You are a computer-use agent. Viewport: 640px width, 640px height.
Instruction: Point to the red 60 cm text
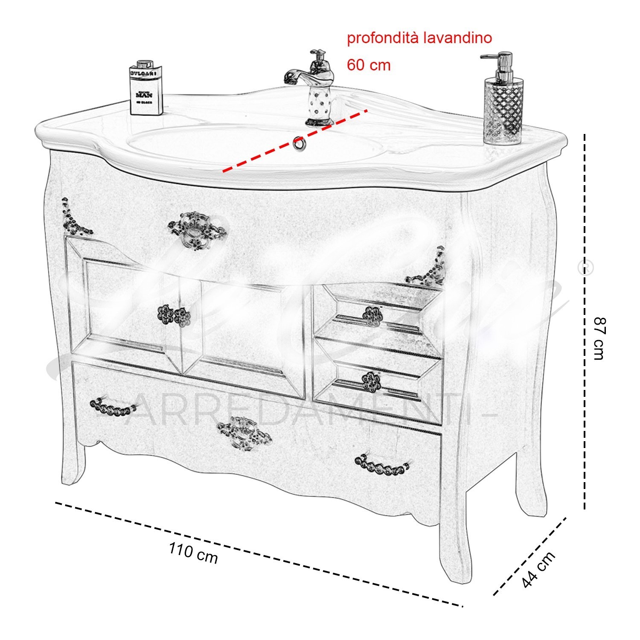coord(368,65)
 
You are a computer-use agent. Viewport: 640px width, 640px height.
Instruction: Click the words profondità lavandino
coord(419,38)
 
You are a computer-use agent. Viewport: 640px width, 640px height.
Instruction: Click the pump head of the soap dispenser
coord(495,60)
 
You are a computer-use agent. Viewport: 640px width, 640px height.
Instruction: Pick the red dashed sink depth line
coord(294,141)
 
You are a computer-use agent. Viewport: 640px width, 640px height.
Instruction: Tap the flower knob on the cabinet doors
coord(174,316)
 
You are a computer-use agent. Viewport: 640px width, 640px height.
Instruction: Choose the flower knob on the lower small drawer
coord(371,380)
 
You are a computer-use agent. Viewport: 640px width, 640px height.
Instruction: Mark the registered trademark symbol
coord(585,268)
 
